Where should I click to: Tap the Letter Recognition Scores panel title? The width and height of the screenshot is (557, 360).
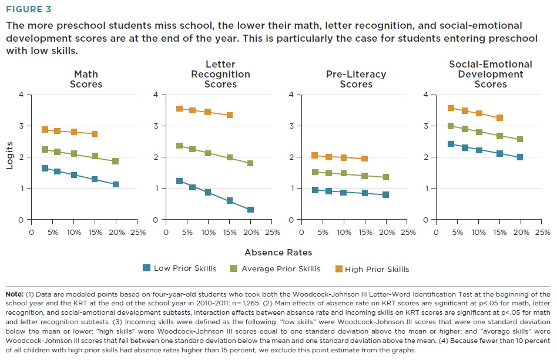(x=220, y=74)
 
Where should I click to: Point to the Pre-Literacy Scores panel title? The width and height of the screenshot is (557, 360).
(x=356, y=79)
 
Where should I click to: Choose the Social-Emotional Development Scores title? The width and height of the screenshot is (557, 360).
(x=491, y=74)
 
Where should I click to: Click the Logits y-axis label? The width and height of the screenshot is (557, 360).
(x=9, y=156)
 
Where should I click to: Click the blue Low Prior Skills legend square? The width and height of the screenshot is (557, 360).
(x=146, y=268)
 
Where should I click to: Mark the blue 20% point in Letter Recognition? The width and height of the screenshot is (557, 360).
(x=250, y=210)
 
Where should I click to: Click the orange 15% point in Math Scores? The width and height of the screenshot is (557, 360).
(x=95, y=134)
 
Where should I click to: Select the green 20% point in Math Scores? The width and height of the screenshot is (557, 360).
(x=116, y=161)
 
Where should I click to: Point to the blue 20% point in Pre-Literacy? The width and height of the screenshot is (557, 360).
(x=385, y=194)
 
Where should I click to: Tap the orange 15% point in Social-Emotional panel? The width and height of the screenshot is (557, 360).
(x=499, y=117)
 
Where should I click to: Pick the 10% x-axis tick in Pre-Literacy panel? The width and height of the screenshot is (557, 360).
(x=344, y=232)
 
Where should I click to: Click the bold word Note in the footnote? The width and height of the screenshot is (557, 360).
(x=15, y=293)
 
